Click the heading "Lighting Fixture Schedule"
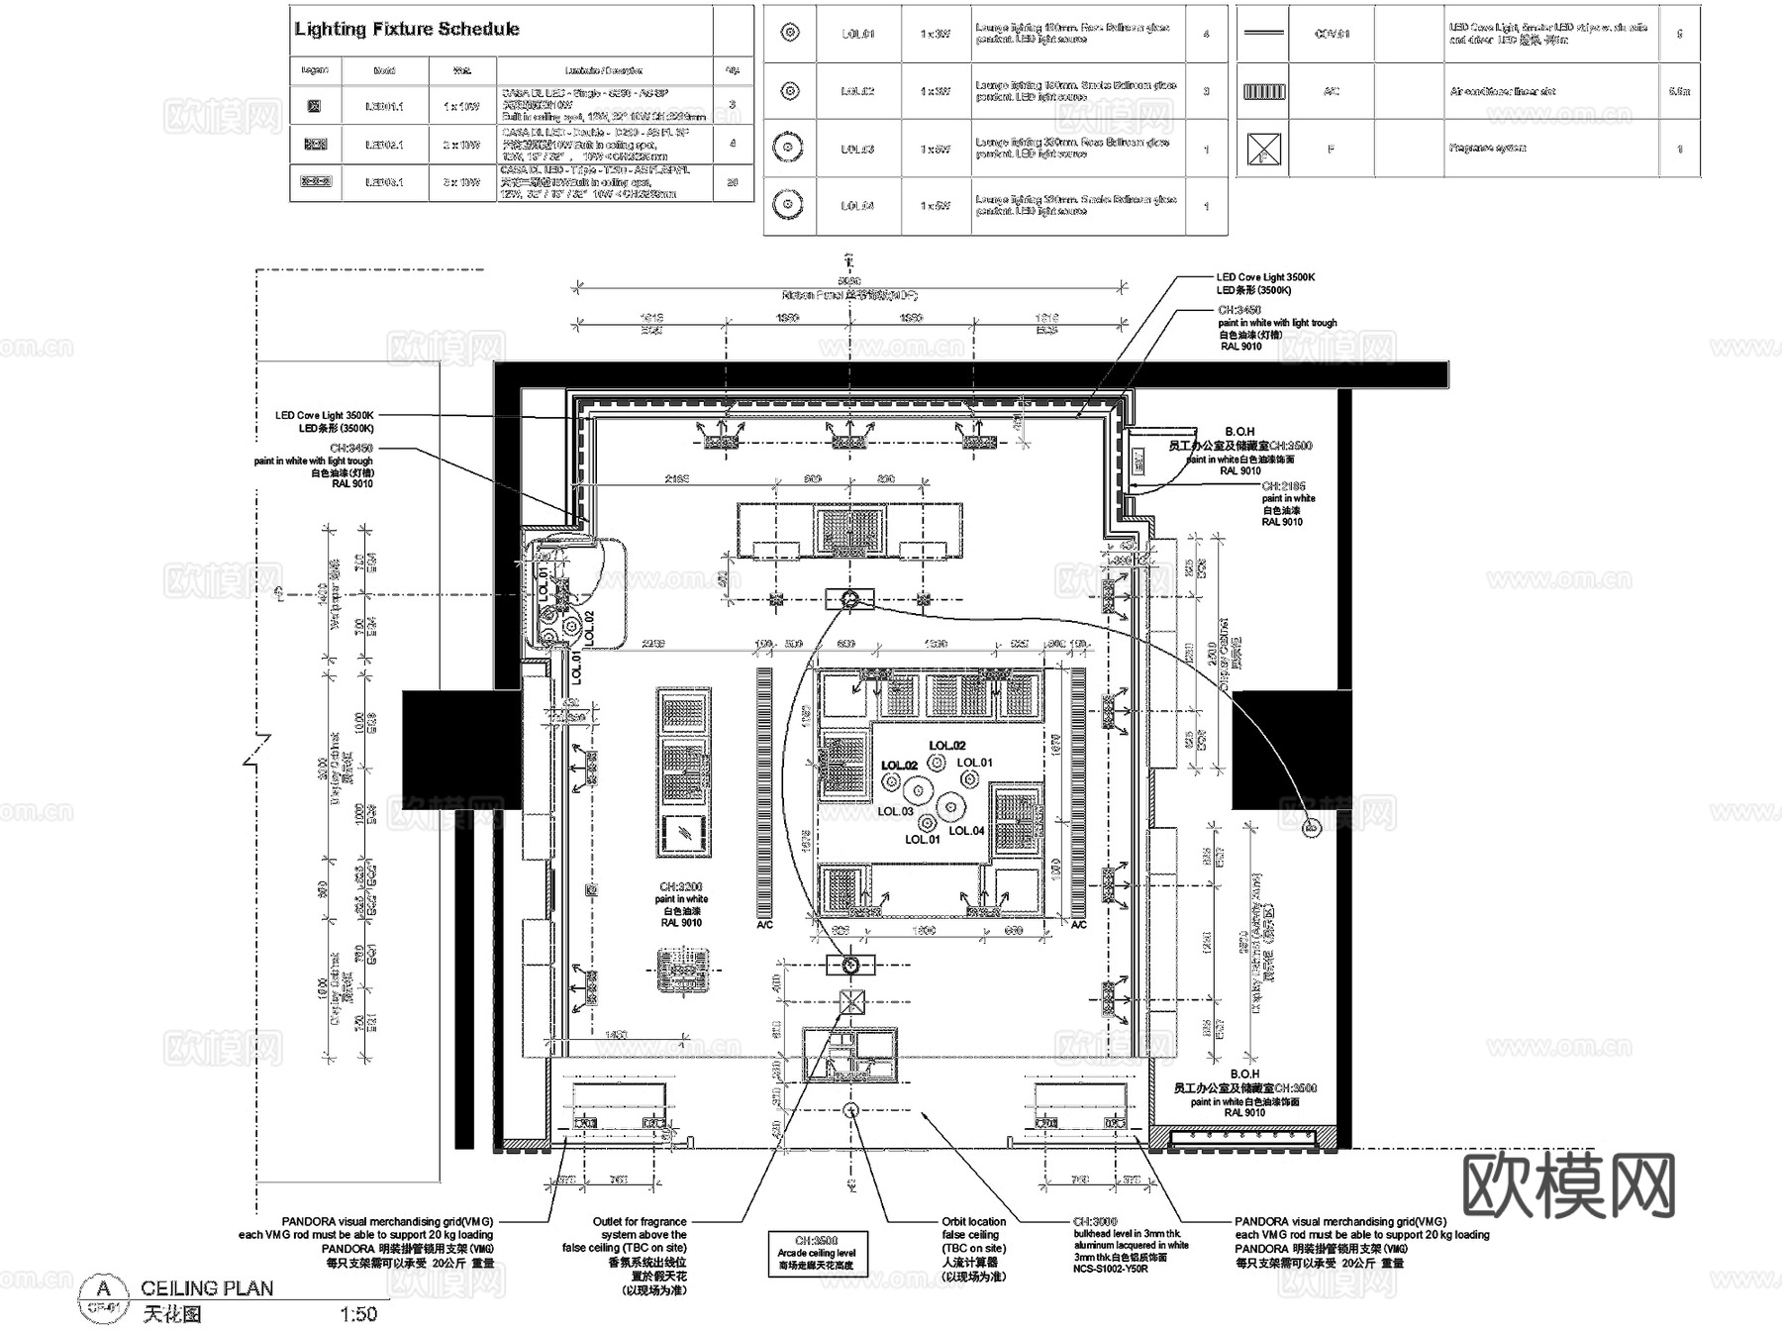tap(406, 29)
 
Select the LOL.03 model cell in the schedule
tap(857, 149)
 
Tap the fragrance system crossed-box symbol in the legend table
tap(1263, 150)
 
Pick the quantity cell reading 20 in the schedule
tap(733, 182)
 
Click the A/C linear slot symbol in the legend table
tap(1263, 91)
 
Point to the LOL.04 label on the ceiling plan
tap(966, 831)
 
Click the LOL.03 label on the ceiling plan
tap(896, 811)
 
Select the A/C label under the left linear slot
tap(764, 925)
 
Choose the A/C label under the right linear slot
tap(1078, 925)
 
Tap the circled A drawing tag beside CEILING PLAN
tap(103, 1288)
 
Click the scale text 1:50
tap(358, 1314)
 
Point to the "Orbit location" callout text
tap(973, 1222)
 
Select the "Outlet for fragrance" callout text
tap(639, 1222)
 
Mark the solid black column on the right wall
tap(1291, 750)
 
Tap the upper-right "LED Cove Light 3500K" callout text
tap(1265, 277)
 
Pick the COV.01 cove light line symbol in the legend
tap(1263, 34)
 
